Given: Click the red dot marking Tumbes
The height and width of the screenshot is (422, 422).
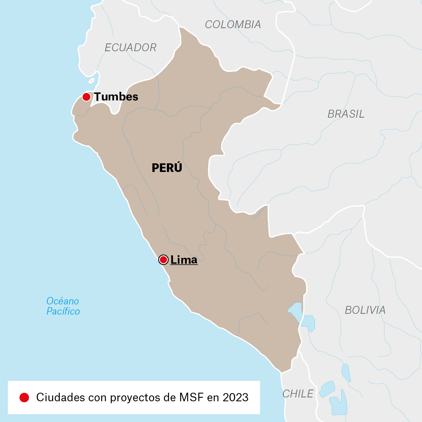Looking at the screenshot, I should [x=86, y=97].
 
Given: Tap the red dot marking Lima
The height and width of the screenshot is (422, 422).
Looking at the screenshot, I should [x=163, y=260].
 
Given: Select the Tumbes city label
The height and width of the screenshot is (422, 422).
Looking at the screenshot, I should [x=116, y=97].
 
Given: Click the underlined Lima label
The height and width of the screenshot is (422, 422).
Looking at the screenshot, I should [x=184, y=260].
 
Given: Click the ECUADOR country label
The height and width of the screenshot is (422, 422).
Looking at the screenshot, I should [x=131, y=48].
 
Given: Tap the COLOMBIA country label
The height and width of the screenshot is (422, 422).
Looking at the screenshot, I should [x=233, y=25].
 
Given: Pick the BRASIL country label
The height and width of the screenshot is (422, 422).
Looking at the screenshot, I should [x=346, y=114].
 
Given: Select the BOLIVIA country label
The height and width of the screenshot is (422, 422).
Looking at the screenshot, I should [x=365, y=310].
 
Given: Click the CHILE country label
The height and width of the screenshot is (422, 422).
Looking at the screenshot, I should [x=298, y=393].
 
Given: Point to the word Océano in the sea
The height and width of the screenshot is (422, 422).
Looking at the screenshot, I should [x=63, y=301].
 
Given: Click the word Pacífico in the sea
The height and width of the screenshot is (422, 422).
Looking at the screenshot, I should [x=63, y=311].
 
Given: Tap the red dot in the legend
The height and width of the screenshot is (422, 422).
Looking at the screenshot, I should [x=24, y=397].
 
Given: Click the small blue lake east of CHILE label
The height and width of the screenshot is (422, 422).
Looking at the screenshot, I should [x=327, y=389].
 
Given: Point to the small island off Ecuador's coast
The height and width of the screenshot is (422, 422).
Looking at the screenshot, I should [x=91, y=81].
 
